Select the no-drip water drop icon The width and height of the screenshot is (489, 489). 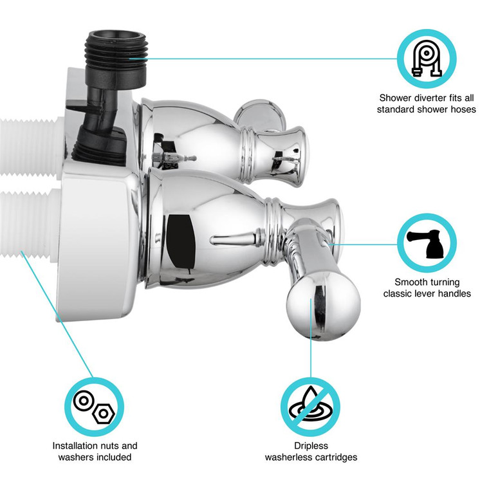tap(311, 406)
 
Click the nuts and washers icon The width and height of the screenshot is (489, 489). tap(94, 406)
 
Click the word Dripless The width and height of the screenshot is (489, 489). tap(311, 445)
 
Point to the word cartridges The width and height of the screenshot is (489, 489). tap(334, 457)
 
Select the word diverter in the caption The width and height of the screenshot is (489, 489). tap(422, 98)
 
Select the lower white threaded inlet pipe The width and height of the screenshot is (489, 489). tap(29, 222)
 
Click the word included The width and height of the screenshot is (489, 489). tap(114, 457)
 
